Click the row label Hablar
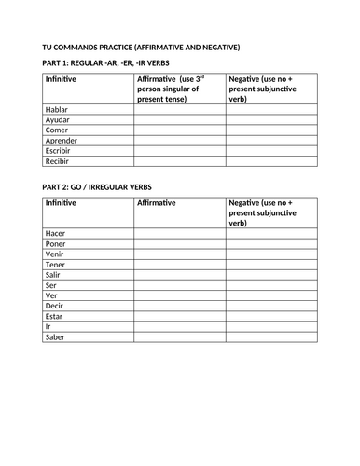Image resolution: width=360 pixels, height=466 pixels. point(57,109)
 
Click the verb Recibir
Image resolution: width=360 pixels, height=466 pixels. point(58,161)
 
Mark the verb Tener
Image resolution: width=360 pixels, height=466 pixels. point(56,264)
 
